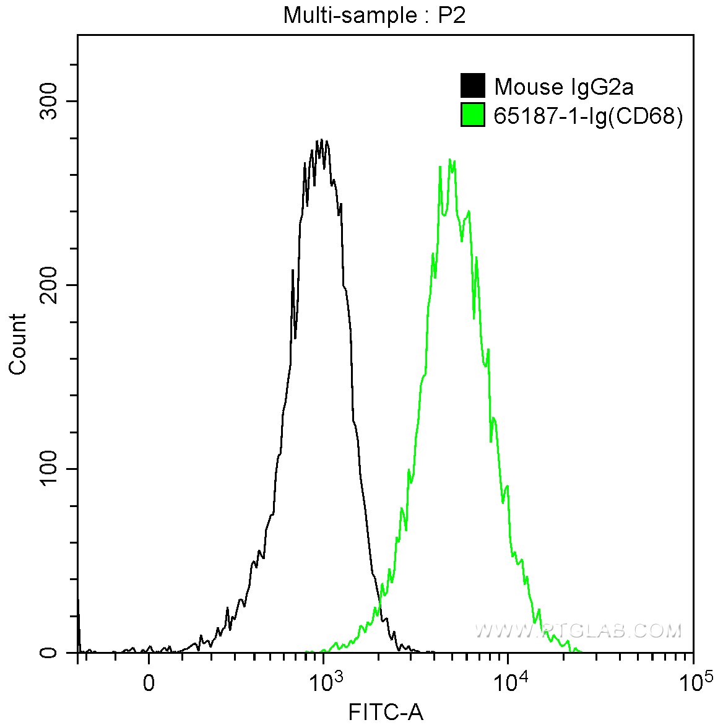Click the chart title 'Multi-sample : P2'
pos(374,15)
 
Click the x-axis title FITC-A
pos(386,712)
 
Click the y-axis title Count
pos(18,344)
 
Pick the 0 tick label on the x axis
pos(149,682)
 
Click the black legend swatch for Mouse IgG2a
pos(472,86)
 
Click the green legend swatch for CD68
pos(472,115)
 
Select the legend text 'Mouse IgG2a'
pos(563,87)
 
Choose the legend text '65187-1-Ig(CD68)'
pos(588,116)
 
